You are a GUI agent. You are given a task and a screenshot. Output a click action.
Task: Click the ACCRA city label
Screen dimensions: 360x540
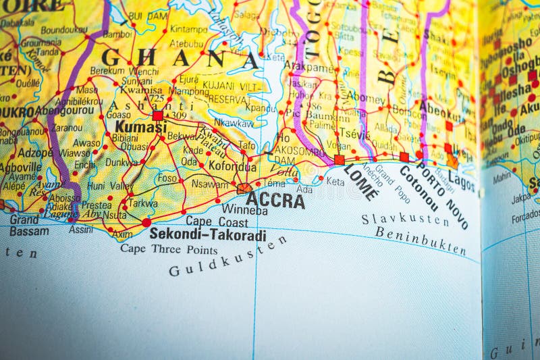coord(275,200)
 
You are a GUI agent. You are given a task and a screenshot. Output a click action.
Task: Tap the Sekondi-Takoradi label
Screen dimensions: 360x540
coord(207,234)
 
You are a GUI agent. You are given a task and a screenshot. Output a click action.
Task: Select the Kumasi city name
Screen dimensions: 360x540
coord(140,126)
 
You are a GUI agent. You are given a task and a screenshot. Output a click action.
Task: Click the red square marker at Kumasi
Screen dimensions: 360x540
coord(157,115)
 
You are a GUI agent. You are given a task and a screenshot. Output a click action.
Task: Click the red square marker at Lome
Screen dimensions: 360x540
coord(339,160)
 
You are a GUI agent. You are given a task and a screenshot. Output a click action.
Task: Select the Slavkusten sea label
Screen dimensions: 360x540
coord(405,220)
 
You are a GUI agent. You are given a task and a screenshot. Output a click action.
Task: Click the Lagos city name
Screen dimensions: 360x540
coord(462,180)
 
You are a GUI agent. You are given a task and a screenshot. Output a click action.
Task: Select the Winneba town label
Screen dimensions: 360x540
coord(244,210)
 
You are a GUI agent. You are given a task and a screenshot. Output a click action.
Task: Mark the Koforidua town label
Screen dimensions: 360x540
coord(232,166)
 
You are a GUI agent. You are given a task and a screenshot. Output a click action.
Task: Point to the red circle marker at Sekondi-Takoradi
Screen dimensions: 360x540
coord(146,222)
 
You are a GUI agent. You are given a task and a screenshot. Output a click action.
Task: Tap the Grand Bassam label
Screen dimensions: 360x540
coord(27,226)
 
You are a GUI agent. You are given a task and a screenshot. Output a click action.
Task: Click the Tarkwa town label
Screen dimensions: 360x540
coord(143,203)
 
